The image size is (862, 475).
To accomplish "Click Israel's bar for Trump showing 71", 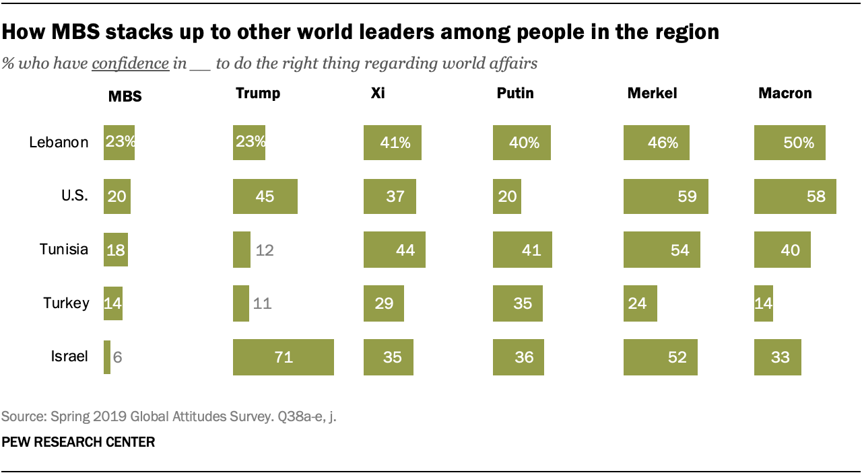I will tap(283, 357).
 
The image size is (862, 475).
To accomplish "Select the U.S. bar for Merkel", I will tap(665, 196).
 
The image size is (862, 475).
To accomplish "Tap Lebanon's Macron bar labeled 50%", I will tap(789, 143).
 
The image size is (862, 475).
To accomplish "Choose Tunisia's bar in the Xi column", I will tap(394, 250).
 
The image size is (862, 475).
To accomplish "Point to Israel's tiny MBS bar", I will tap(107, 357).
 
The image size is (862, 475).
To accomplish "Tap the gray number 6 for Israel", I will tap(117, 357).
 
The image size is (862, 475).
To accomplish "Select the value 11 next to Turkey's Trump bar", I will tap(261, 303).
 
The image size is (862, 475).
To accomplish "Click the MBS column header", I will tap(125, 96).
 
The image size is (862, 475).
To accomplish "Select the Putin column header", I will tap(515, 94).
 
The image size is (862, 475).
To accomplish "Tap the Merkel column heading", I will tap(652, 94).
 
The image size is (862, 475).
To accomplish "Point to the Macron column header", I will tap(785, 94).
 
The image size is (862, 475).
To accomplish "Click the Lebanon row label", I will tap(59, 143).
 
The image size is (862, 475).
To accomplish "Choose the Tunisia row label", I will tap(63, 250).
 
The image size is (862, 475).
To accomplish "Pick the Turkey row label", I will tap(66, 303).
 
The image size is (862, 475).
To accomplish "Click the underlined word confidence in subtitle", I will tap(130, 64).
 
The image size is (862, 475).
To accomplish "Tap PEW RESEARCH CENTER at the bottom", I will tap(78, 443).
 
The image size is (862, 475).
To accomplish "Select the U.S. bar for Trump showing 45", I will tap(265, 196).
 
